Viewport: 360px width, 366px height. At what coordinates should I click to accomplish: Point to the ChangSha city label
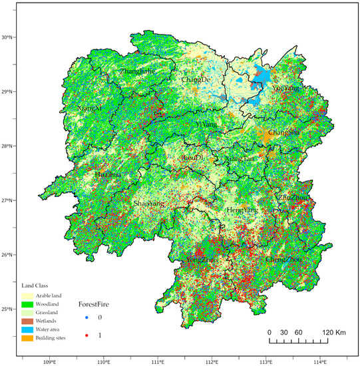(x=283, y=132)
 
